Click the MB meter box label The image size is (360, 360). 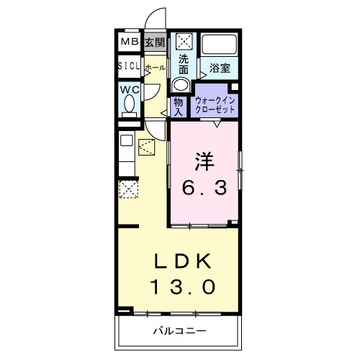pos(130,42)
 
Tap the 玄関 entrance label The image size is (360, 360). pos(155,42)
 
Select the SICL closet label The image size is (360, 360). pos(129,66)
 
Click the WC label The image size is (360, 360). pos(130,90)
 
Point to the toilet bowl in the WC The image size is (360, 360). pos(130,103)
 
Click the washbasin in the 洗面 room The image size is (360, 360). pos(181,84)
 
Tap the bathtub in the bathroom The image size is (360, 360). pos(219,45)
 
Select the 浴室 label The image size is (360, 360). pos(220,68)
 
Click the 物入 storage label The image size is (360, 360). pos(179,107)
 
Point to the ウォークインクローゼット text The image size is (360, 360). pos(215,105)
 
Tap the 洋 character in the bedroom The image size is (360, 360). pos(204,161)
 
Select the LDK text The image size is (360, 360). pos(182,261)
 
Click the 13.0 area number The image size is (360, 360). pos(182,287)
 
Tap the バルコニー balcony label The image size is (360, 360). pos(179,331)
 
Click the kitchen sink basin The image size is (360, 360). pos(127,140)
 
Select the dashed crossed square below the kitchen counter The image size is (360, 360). pos(129,189)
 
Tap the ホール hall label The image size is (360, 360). pos(156,68)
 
